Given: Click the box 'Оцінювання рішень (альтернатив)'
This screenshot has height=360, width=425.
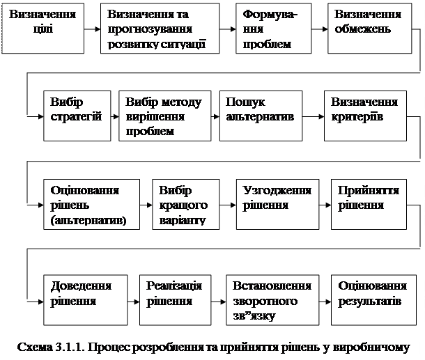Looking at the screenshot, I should click(x=91, y=206).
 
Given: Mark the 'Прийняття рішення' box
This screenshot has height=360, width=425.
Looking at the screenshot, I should click(x=367, y=206).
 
